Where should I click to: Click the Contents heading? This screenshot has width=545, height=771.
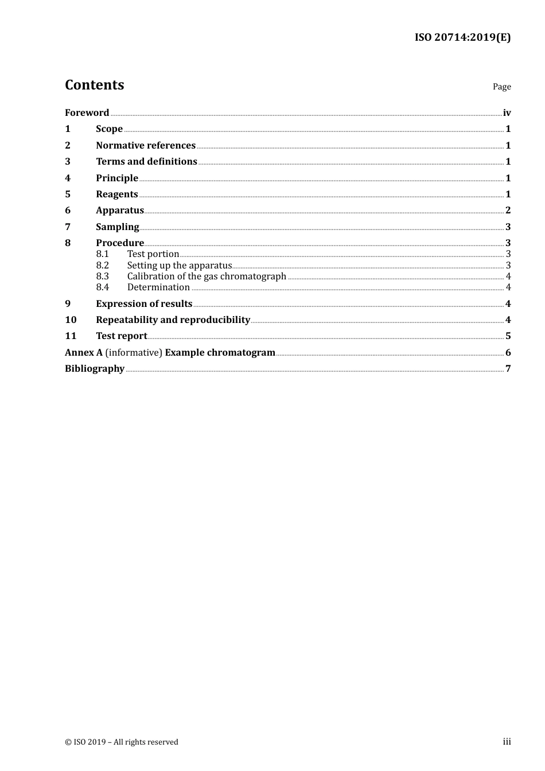(x=94, y=85)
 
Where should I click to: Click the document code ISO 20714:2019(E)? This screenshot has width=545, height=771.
(x=462, y=37)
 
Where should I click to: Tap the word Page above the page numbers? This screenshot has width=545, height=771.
(x=501, y=87)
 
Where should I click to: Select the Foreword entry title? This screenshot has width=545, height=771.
(x=87, y=112)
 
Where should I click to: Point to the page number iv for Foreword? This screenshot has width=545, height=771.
(x=507, y=112)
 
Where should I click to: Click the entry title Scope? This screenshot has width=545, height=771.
(x=109, y=129)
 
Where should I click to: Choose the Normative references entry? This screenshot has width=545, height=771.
(x=146, y=145)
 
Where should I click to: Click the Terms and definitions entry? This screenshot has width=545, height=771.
(x=146, y=162)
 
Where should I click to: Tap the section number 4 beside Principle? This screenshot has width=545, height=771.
(x=68, y=178)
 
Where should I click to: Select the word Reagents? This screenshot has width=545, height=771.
(x=117, y=194)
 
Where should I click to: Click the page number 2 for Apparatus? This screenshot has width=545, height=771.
(x=508, y=211)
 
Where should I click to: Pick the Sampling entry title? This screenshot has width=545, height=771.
(x=117, y=227)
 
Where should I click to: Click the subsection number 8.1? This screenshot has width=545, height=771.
(x=102, y=254)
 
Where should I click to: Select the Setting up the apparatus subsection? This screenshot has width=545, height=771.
(x=179, y=265)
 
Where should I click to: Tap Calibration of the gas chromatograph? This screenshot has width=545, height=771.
(x=207, y=277)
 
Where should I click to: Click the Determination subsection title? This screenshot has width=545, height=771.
(x=158, y=287)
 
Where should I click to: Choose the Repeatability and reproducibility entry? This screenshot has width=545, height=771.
(x=173, y=320)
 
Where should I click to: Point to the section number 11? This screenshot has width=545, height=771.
(x=71, y=336)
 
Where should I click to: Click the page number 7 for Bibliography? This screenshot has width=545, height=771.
(x=508, y=369)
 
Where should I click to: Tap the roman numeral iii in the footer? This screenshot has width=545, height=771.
(x=507, y=742)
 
